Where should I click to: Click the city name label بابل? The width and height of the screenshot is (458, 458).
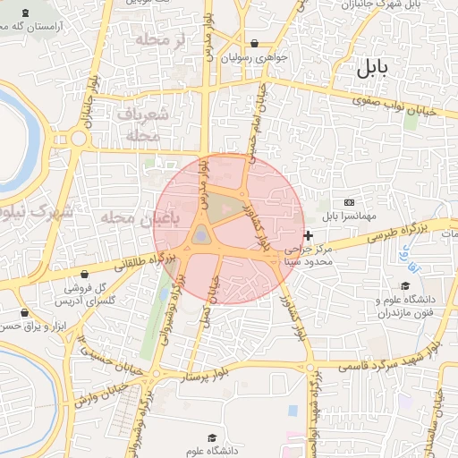pos(373,68)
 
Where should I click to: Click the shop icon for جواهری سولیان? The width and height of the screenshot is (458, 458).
pos(255,43)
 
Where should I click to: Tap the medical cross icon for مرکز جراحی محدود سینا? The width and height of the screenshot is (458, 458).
pos(309,236)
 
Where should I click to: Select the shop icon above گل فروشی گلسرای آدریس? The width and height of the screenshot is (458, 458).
pos(84,274)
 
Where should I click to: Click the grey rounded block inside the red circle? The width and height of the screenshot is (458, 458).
pos(201,235)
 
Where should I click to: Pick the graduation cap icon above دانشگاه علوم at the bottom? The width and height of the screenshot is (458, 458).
pos(212,437)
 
